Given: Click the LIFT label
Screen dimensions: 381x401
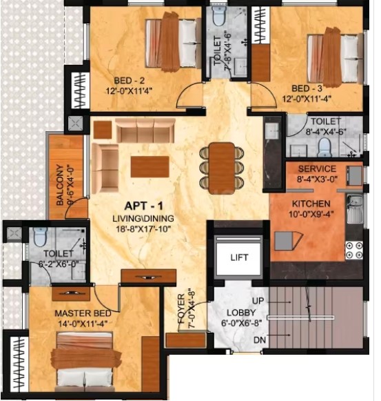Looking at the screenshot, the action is [x=239, y=257].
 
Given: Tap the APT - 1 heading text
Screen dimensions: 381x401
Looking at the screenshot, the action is [x=143, y=206].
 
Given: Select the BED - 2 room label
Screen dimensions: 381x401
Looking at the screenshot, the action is [x=130, y=81].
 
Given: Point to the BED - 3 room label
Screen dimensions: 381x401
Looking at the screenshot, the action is [x=307, y=88].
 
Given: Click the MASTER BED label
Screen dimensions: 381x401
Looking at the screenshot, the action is [x=83, y=313].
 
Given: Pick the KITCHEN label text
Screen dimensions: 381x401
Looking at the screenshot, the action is [x=311, y=204].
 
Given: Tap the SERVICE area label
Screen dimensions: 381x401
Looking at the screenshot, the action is [x=317, y=169].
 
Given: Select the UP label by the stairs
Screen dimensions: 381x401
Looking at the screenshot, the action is [x=258, y=301].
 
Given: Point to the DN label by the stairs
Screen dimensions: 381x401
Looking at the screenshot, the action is [x=260, y=340].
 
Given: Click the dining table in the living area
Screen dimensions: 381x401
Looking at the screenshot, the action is [x=222, y=168].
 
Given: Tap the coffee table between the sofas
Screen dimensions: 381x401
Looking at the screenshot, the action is [x=150, y=166].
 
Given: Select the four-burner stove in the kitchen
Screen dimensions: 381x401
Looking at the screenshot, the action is [x=354, y=251].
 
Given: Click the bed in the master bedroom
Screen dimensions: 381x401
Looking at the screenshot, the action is [x=85, y=362].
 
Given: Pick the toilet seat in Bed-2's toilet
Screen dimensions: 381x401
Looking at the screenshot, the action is [x=218, y=17].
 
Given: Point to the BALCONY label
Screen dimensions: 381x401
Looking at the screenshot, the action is [x=60, y=185].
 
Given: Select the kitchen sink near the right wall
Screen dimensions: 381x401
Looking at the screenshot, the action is [x=355, y=208].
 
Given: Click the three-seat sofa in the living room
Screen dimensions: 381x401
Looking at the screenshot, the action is [x=145, y=130].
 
